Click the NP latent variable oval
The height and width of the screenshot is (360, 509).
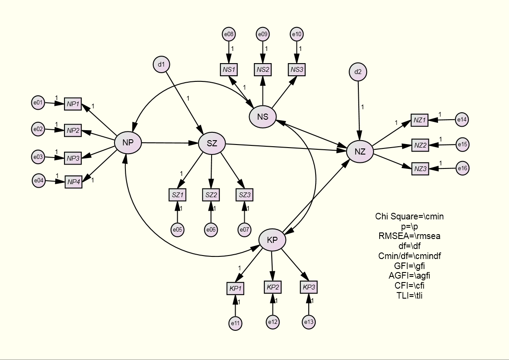(128, 142)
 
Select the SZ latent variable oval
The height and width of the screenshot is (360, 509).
(212, 143)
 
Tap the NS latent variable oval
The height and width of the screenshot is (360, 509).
(263, 117)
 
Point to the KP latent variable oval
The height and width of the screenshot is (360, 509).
(272, 240)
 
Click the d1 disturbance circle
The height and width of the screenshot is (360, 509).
(161, 65)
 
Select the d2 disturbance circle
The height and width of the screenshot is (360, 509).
(358, 72)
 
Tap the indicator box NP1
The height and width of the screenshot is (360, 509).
(73, 104)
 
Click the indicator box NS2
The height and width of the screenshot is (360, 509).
(263, 69)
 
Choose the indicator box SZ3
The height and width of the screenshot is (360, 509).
(244, 195)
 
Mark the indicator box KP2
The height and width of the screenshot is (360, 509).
(273, 287)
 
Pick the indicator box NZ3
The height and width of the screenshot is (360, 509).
(420, 169)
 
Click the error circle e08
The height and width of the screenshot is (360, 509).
(229, 34)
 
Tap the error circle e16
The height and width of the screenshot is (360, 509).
(462, 168)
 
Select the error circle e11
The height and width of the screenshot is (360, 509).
(235, 323)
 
